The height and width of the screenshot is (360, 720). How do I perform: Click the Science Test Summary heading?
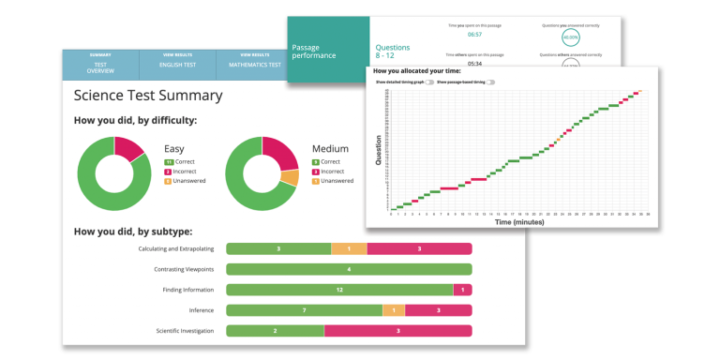click(x=148, y=95)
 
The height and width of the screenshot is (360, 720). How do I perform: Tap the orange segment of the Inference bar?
click(x=394, y=310)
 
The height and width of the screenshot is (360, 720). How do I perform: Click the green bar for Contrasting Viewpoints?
click(x=348, y=269)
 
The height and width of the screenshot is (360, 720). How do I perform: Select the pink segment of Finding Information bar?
click(x=462, y=290)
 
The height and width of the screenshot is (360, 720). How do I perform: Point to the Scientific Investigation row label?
click(x=185, y=331)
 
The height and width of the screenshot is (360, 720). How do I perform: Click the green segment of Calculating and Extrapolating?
click(x=278, y=248)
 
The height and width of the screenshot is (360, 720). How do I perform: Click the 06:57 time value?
click(x=474, y=34)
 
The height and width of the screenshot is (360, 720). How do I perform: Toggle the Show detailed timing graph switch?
click(x=430, y=82)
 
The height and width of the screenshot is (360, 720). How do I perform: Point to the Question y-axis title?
click(x=379, y=150)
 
